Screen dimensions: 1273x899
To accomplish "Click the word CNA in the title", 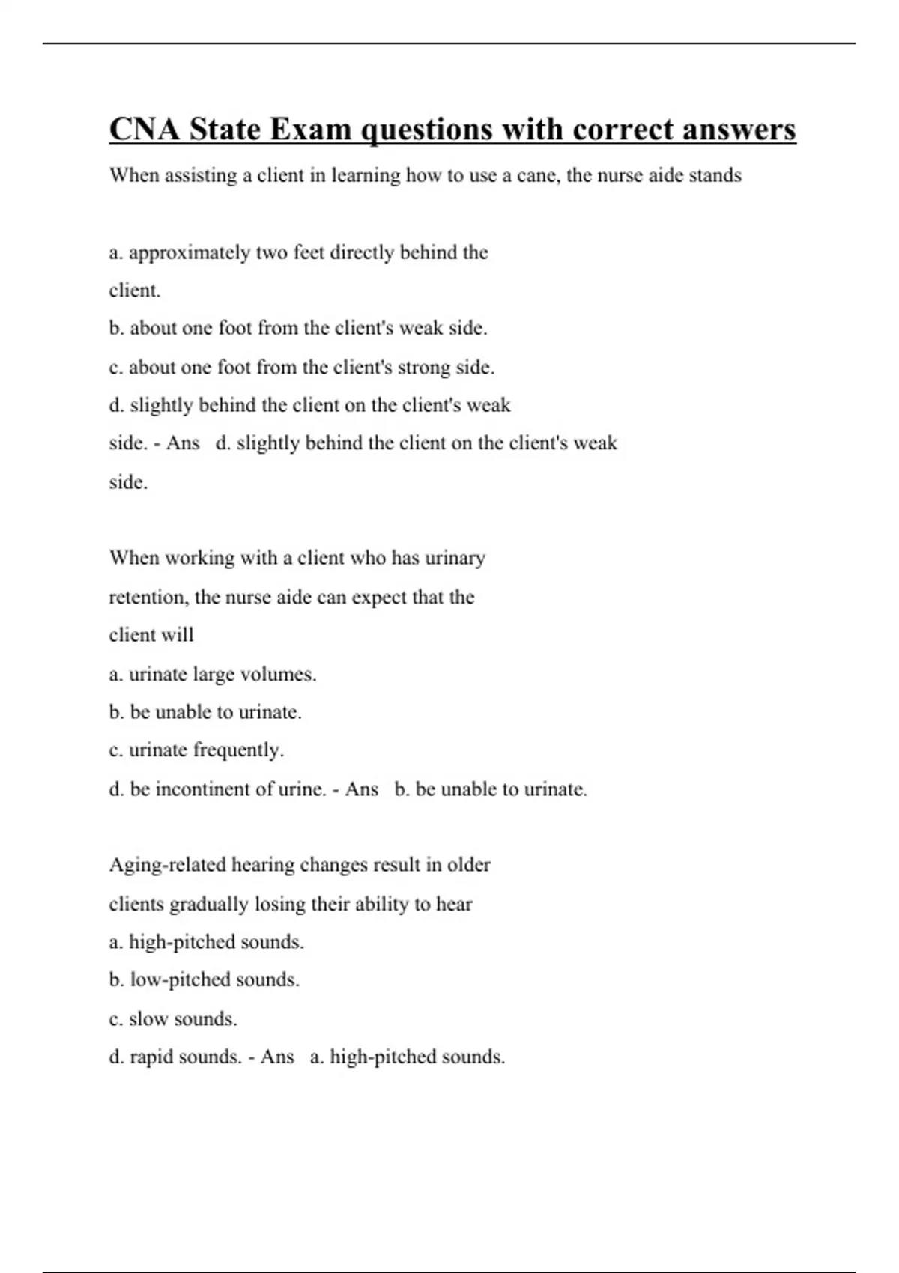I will (x=145, y=130).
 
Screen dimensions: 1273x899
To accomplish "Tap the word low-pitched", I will (x=181, y=979).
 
